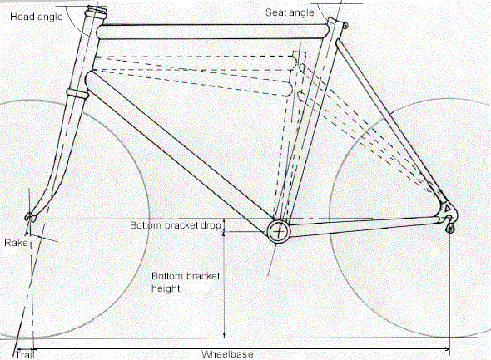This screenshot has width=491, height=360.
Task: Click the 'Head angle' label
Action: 37,17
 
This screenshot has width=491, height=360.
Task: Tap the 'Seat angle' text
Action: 290,12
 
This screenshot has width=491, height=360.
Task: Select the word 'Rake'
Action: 16,243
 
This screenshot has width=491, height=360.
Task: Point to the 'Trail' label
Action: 25,355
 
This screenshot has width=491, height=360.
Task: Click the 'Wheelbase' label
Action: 227,354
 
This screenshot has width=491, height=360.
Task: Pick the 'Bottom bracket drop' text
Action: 176,225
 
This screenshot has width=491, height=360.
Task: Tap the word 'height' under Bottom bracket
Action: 166,288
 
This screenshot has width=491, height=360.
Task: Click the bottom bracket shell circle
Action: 279,232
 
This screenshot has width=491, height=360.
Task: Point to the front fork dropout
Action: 29,216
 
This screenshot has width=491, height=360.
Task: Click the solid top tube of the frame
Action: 213,32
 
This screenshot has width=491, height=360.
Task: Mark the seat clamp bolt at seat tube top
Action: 345,26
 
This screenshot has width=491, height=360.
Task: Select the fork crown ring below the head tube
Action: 77,93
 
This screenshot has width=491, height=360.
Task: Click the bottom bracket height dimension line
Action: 224,284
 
